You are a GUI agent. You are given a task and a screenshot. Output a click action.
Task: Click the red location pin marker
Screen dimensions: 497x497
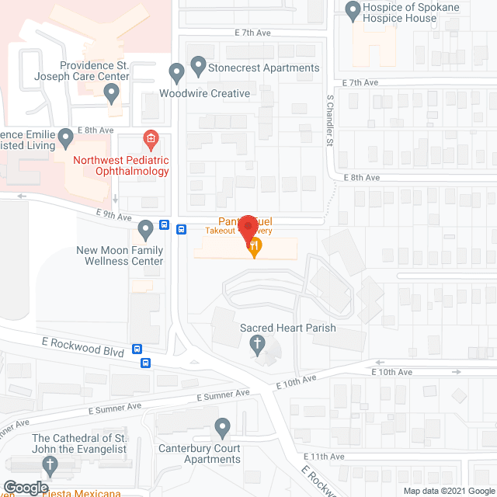click(x=247, y=227)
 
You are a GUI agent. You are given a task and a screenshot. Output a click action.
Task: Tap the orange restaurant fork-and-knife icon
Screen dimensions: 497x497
click(x=254, y=248)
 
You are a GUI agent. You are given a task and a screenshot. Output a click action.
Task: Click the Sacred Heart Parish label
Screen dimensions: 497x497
click(x=288, y=328)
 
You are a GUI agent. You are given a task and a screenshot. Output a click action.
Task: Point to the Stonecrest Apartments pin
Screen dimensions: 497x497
click(x=198, y=66)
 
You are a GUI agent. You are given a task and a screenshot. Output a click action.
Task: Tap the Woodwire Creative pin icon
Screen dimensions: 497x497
click(x=176, y=74)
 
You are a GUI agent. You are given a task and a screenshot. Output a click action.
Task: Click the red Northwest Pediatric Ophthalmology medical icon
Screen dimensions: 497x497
click(x=151, y=140)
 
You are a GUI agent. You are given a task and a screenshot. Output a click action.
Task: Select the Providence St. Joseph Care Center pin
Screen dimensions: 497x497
click(x=112, y=94)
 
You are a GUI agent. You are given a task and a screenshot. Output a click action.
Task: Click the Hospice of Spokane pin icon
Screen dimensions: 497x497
click(x=353, y=10)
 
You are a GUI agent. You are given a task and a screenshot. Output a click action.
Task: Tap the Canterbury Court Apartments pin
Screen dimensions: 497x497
click(x=223, y=427)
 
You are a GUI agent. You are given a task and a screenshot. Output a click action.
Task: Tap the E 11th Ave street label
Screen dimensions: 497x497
click(x=325, y=456)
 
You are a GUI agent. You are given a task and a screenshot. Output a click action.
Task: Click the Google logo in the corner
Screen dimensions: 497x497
click(x=26, y=488)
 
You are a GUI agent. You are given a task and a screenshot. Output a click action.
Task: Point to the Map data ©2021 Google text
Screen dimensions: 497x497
click(x=449, y=491)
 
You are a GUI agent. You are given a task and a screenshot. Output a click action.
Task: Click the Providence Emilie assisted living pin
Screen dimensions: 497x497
click(x=66, y=139)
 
